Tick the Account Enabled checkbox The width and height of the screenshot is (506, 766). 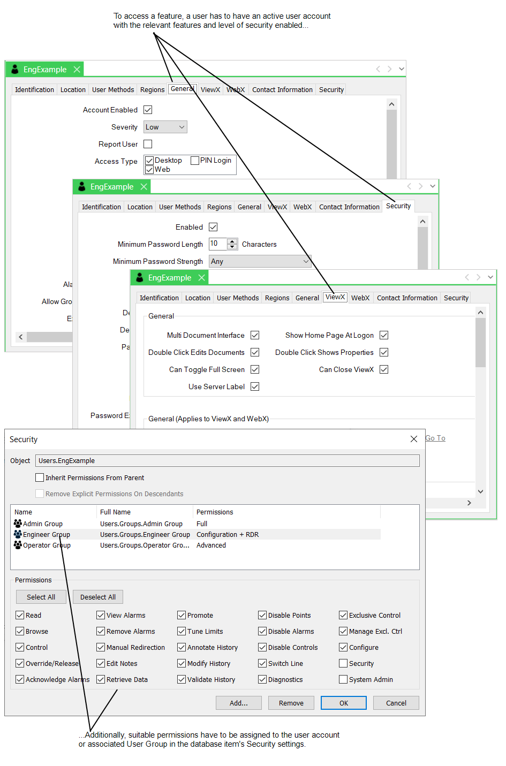(x=148, y=110)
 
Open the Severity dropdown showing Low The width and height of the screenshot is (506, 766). (x=165, y=127)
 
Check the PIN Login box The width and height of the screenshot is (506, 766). (x=195, y=160)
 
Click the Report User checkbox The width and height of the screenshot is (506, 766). (x=148, y=144)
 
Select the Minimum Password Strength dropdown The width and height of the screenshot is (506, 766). (x=260, y=261)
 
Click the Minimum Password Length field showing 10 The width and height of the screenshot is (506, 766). (x=217, y=244)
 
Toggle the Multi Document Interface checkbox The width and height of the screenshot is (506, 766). (x=255, y=335)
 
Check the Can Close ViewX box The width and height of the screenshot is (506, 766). (x=384, y=369)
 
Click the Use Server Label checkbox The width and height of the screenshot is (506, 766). (x=255, y=386)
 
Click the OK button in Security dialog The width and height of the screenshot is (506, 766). (x=344, y=703)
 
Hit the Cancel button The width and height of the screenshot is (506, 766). (x=396, y=703)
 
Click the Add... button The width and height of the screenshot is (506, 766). (x=239, y=703)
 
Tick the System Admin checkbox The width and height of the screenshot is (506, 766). (x=343, y=679)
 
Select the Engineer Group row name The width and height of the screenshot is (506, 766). (x=47, y=534)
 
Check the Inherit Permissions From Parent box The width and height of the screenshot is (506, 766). (x=40, y=477)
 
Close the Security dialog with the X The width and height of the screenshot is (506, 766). (x=414, y=439)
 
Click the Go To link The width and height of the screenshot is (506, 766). (x=435, y=438)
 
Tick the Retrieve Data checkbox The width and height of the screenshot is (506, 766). (x=101, y=679)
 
